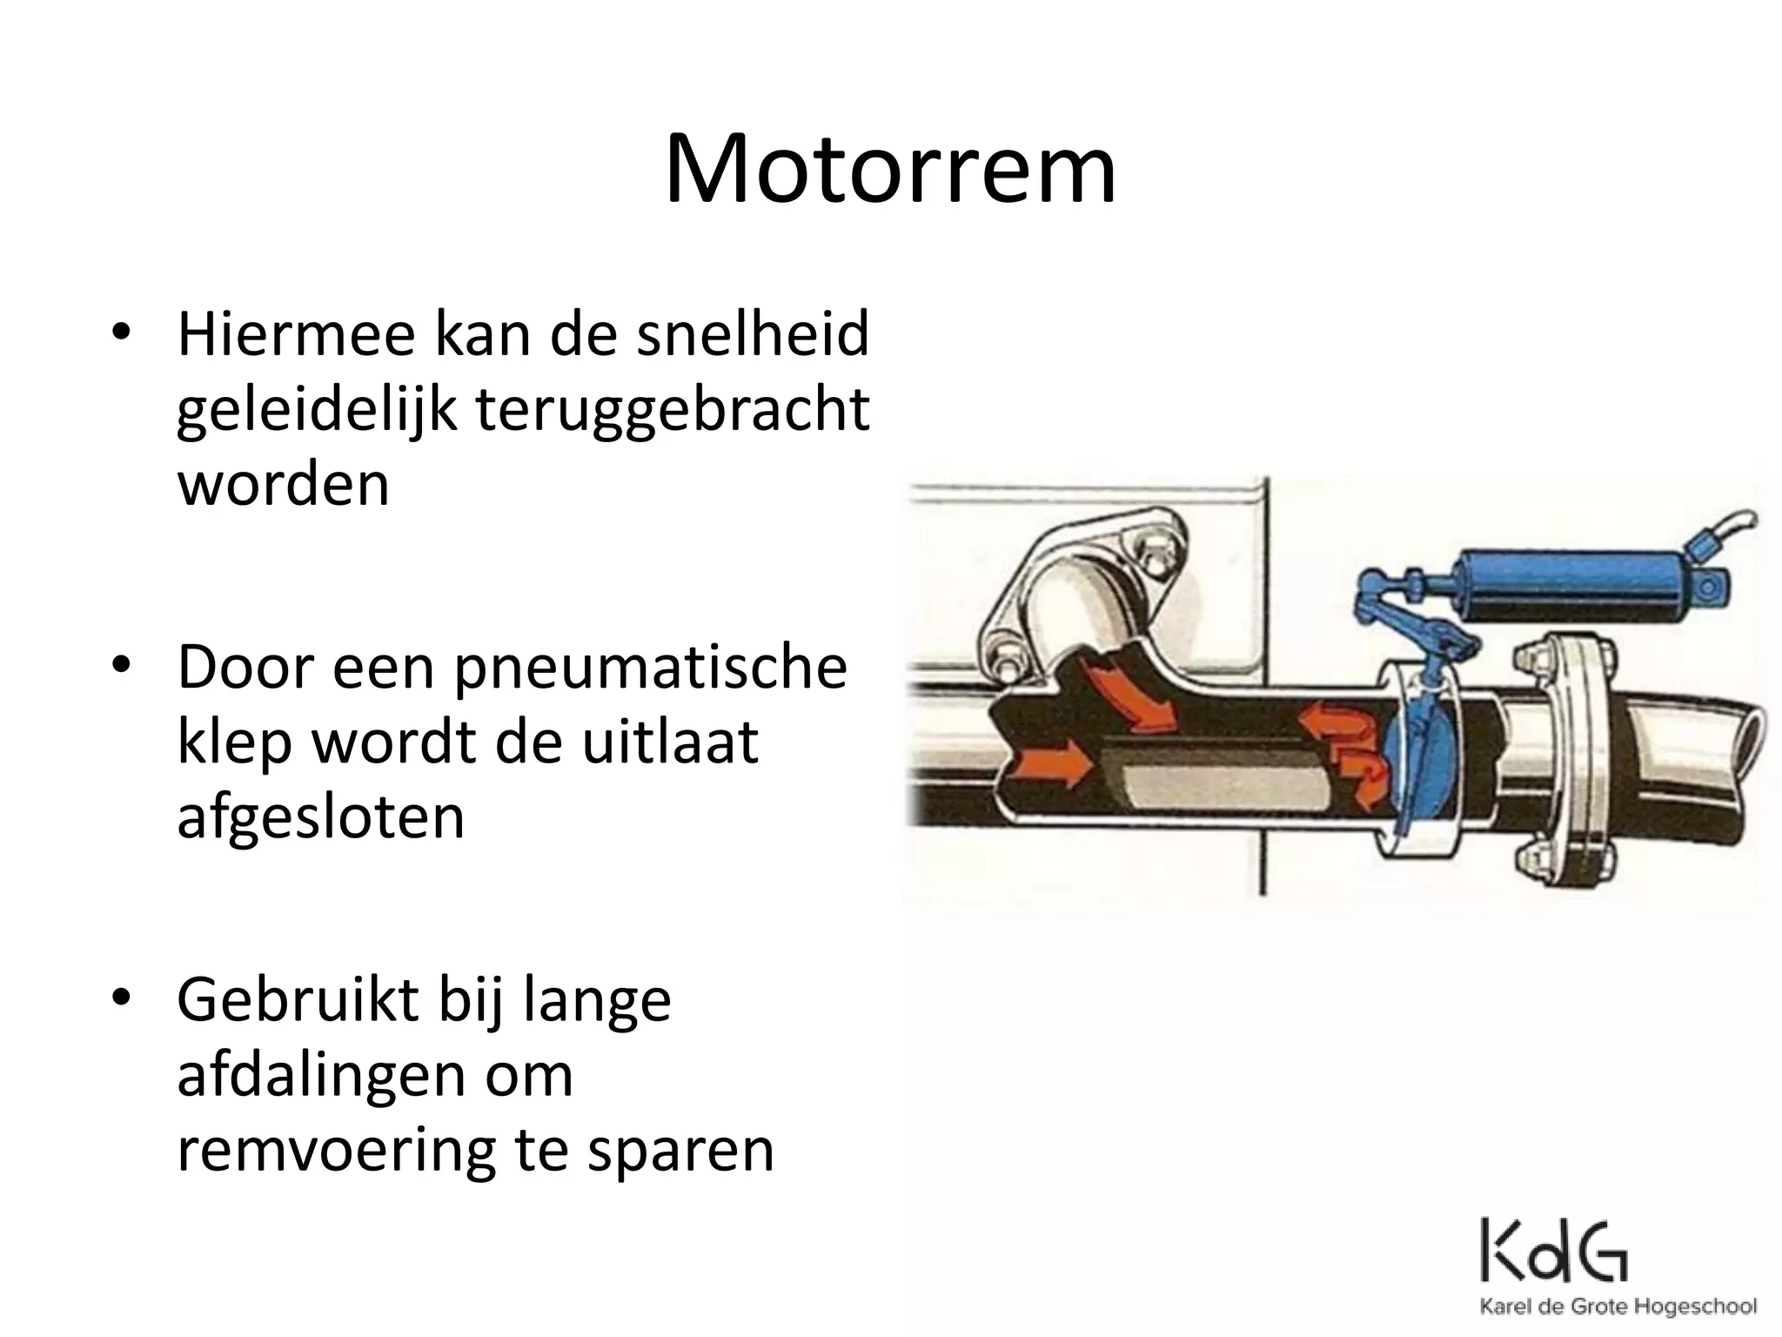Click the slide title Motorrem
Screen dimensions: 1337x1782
pos(890,170)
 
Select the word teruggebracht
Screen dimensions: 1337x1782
pos(673,410)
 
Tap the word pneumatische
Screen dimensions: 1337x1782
pos(650,668)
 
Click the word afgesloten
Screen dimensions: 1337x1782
pos(321,817)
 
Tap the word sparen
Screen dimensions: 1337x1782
pos(680,1151)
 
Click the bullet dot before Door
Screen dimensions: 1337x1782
pos(121,668)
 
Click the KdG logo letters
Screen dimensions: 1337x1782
pos(1554,1251)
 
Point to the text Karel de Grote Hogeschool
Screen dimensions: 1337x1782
pos(1618,1307)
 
